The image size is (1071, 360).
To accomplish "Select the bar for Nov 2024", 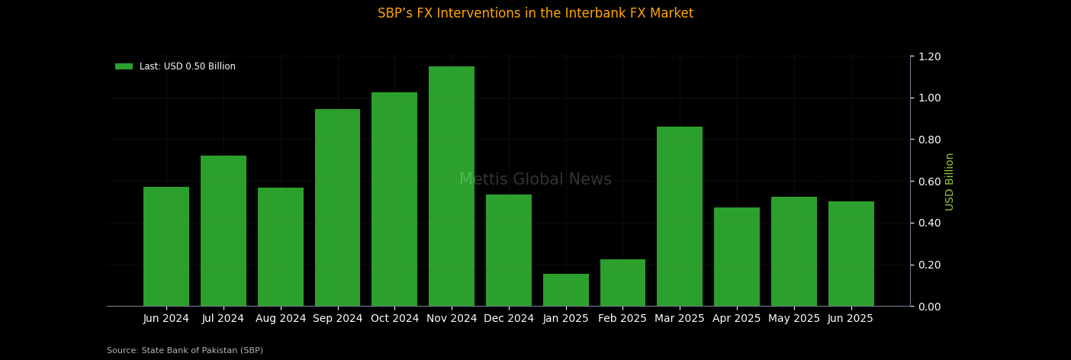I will [x=452, y=186].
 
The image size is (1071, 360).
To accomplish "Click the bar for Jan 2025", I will [x=566, y=290].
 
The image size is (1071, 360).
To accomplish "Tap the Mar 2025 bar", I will [x=680, y=216].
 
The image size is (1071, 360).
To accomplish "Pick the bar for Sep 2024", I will [x=337, y=207].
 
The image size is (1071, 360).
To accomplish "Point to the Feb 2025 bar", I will [x=622, y=282].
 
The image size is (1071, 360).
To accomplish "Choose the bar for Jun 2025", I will [x=851, y=253].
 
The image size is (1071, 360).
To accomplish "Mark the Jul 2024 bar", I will [x=224, y=230].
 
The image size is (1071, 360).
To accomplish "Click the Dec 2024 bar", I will [x=509, y=250].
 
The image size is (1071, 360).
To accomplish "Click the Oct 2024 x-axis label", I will [x=394, y=319].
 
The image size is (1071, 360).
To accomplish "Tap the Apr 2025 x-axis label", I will [x=737, y=319].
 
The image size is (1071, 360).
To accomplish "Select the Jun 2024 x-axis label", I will [x=166, y=319].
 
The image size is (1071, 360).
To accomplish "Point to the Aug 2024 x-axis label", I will [x=281, y=319].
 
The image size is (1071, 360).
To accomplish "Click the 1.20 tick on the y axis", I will [x=930, y=56].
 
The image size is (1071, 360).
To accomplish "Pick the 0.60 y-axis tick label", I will [x=930, y=182].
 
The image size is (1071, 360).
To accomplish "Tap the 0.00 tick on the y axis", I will [x=930, y=307].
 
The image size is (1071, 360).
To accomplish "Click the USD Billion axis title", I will [x=950, y=182].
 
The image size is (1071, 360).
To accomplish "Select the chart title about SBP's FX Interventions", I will [x=535, y=14].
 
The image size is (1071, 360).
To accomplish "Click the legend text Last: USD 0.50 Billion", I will [x=188, y=66].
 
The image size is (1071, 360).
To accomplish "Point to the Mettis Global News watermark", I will [x=535, y=180].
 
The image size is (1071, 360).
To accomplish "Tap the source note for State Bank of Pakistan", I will [x=185, y=351].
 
